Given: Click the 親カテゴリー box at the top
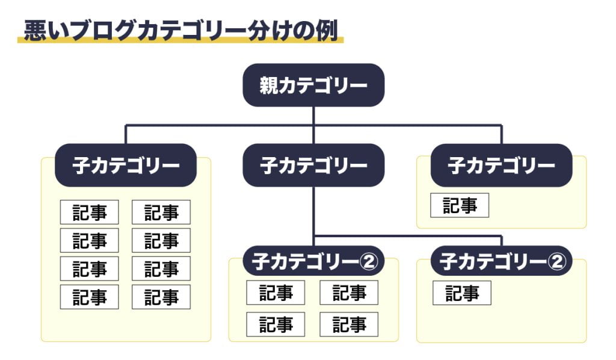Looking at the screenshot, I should [313, 85].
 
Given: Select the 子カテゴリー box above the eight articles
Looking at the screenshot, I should [126, 166].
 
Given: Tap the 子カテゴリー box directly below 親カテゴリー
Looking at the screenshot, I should [313, 166].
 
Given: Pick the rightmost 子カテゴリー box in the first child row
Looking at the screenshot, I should [501, 166].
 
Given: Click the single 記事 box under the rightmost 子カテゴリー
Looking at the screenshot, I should [460, 206].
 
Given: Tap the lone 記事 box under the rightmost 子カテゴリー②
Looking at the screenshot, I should [462, 294].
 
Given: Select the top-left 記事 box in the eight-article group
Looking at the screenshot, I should [89, 213].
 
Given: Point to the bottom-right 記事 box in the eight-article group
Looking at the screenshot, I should [161, 297].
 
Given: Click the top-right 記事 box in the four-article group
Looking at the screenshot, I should [349, 293].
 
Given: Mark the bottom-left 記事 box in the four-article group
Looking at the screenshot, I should [276, 325].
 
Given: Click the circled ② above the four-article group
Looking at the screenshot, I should [368, 261].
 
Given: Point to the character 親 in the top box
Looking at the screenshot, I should [269, 85].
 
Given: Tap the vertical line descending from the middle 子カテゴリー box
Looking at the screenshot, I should [313, 211].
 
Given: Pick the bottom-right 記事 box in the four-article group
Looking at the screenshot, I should [349, 325].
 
